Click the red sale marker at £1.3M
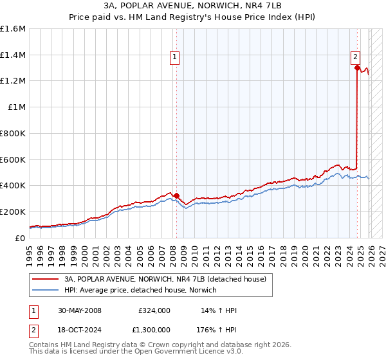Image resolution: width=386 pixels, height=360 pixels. click(x=357, y=67)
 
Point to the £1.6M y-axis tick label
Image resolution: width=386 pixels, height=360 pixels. click(x=13, y=29)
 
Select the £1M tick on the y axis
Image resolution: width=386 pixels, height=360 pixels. click(x=15, y=107)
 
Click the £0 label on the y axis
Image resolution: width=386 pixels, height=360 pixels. click(x=21, y=238)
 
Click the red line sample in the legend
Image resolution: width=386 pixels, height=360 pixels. click(x=46, y=280)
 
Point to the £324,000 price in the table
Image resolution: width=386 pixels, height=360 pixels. click(x=154, y=310)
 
